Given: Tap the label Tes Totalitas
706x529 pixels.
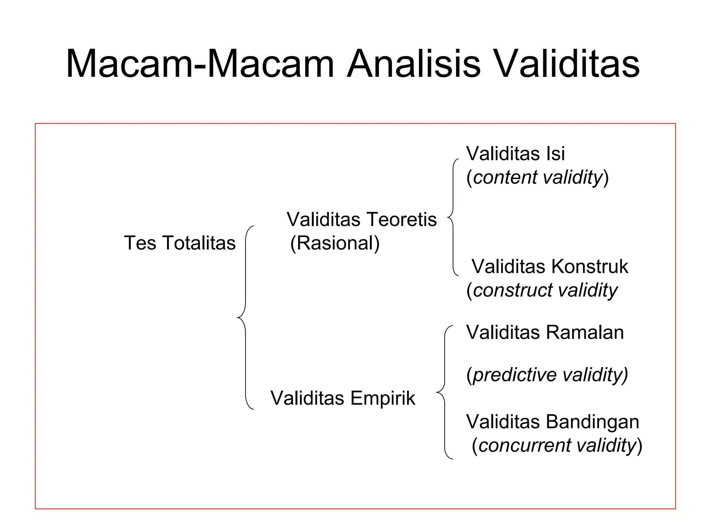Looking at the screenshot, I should click(180, 243).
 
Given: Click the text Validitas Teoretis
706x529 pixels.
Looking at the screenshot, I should click(362, 219).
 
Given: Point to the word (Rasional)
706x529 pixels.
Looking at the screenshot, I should click(335, 243).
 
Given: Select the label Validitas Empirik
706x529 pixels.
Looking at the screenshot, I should click(343, 398).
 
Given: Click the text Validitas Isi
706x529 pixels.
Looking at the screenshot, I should click(515, 154).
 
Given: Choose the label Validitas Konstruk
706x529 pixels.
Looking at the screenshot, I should click(549, 267).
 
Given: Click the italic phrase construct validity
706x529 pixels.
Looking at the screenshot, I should click(545, 290).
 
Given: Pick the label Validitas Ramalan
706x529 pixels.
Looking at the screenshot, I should click(545, 333).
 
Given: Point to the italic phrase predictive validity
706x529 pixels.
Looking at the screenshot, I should click(549, 375).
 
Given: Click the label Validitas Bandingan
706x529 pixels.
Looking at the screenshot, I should click(553, 422).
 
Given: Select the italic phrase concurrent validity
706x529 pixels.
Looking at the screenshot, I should click(557, 445).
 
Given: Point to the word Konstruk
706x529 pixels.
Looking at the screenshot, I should click(589, 267).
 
